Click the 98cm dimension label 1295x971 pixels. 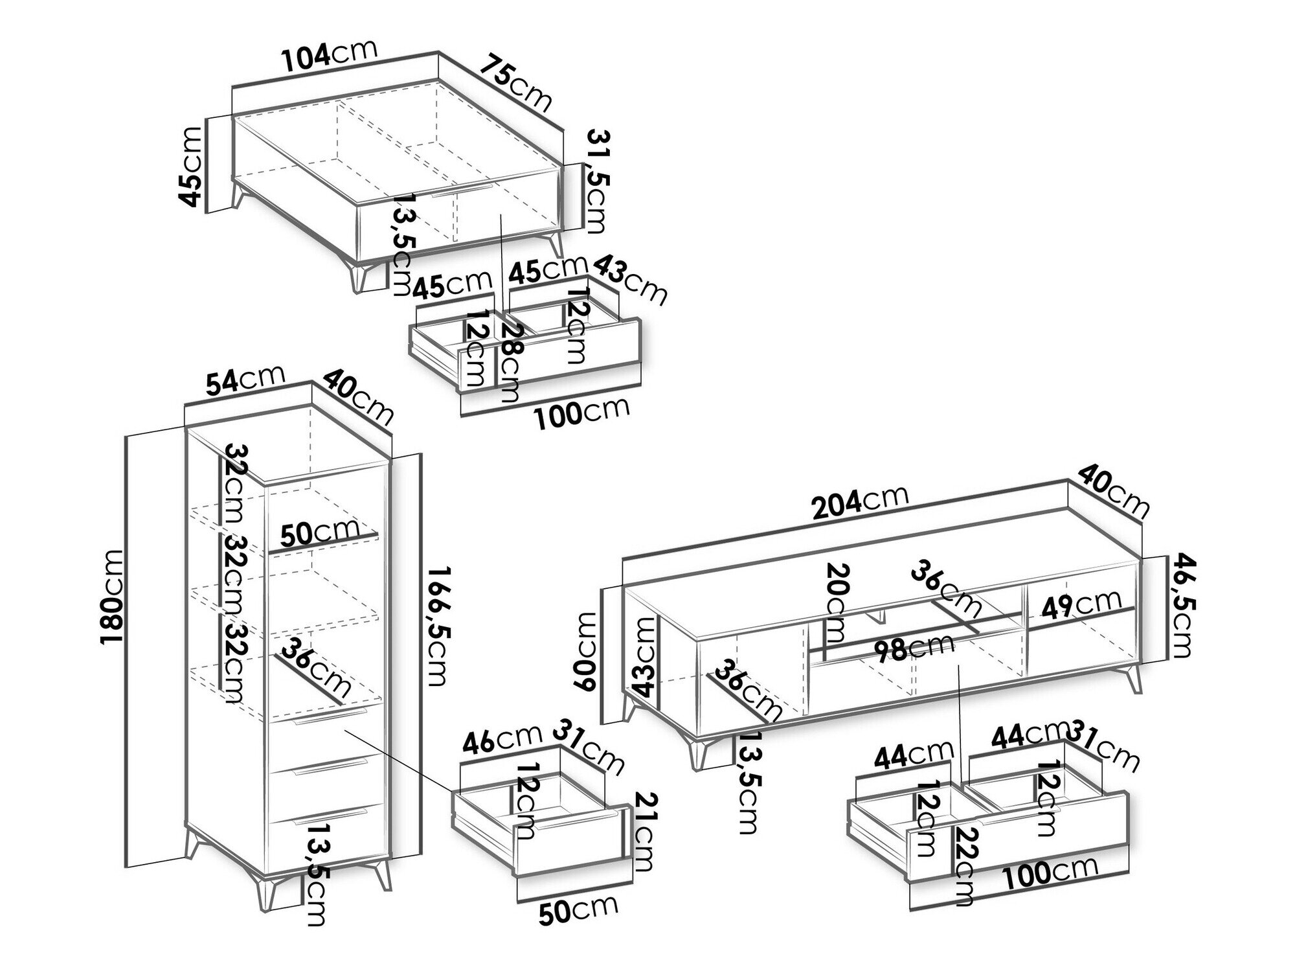point(912,647)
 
